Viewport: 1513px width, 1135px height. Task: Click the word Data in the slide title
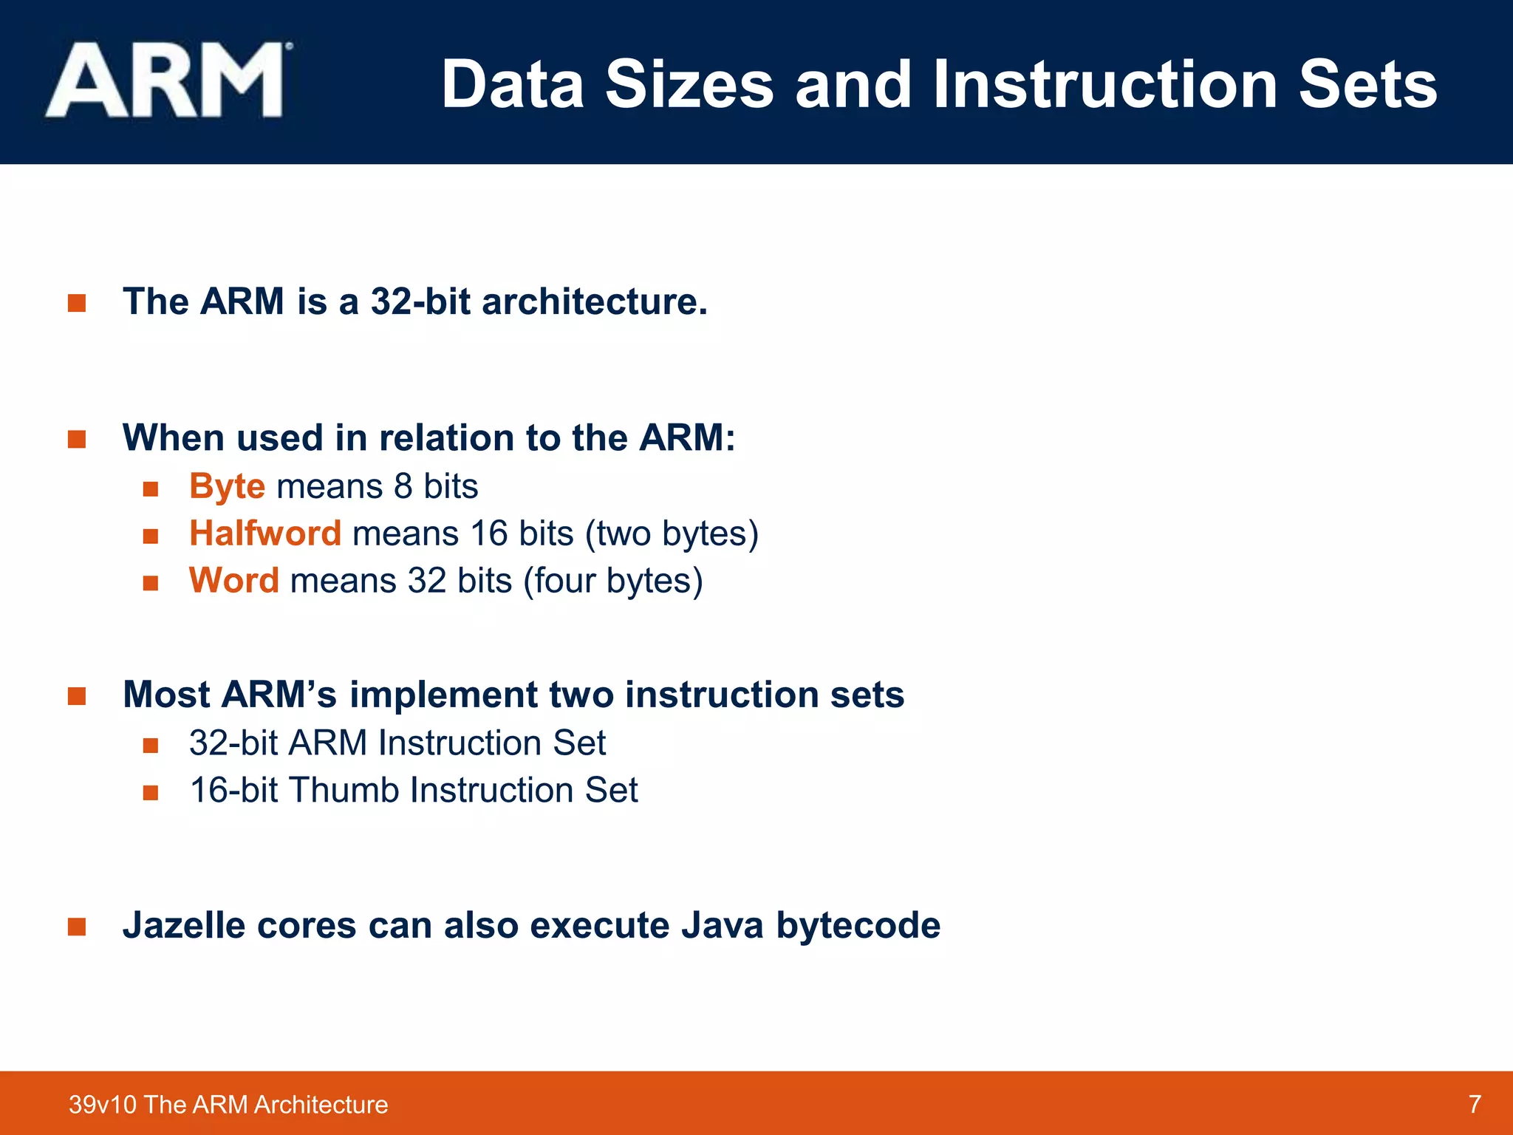[x=513, y=85]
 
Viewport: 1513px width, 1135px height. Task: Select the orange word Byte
[x=227, y=487]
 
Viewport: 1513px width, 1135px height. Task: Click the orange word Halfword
[x=265, y=534]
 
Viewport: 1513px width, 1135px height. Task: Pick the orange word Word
[x=233, y=581]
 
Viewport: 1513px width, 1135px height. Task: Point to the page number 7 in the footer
[x=1475, y=1104]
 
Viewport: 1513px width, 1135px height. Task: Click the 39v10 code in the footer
[x=102, y=1105]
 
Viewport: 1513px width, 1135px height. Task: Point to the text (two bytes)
[x=672, y=534]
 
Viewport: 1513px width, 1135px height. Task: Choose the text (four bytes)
[x=612, y=581]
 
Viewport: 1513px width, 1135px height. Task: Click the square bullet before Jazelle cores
[x=77, y=927]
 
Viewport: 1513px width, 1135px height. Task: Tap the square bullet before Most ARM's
[x=77, y=696]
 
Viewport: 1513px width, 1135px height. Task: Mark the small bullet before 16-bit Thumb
[x=151, y=793]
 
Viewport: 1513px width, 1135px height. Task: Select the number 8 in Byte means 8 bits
[x=403, y=487]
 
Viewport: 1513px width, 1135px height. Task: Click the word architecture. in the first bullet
[x=595, y=301]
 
